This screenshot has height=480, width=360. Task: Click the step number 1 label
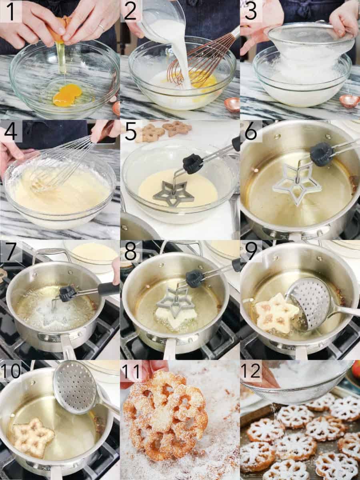pos(10,11)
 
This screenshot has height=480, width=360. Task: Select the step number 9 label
pos(251,252)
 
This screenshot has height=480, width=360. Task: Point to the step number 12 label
pos(251,371)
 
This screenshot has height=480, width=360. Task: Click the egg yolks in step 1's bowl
pos(67,95)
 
